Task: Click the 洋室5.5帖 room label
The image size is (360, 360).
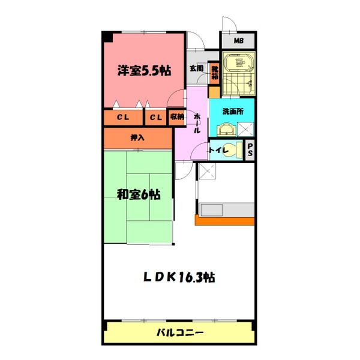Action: click(x=144, y=71)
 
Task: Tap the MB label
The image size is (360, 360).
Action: click(x=239, y=41)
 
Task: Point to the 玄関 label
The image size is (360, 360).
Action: click(x=196, y=68)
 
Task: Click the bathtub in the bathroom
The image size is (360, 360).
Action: click(x=238, y=63)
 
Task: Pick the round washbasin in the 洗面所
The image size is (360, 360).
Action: click(x=225, y=129)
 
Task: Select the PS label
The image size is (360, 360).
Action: click(x=250, y=151)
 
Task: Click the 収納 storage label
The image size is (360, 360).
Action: click(x=176, y=117)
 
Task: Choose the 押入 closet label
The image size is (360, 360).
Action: click(x=138, y=138)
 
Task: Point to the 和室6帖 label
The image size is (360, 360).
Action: click(x=138, y=194)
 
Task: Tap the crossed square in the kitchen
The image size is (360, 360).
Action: click(x=207, y=172)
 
